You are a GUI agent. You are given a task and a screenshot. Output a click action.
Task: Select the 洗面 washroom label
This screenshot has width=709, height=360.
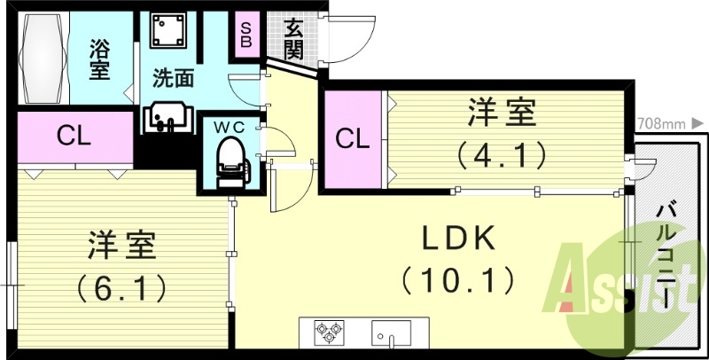point(173,79)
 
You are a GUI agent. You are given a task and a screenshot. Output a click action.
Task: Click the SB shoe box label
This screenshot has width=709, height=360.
point(245,34)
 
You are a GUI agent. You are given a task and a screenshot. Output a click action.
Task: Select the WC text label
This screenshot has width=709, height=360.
point(228,126)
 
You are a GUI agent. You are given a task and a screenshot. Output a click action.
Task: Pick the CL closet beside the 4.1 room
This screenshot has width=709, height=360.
point(352,138)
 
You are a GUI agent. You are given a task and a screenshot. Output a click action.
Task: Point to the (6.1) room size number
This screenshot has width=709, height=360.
point(122,287)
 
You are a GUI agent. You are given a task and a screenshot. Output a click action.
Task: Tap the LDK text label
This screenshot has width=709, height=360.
point(456,238)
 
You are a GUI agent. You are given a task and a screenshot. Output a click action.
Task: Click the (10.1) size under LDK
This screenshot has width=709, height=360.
point(457,282)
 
